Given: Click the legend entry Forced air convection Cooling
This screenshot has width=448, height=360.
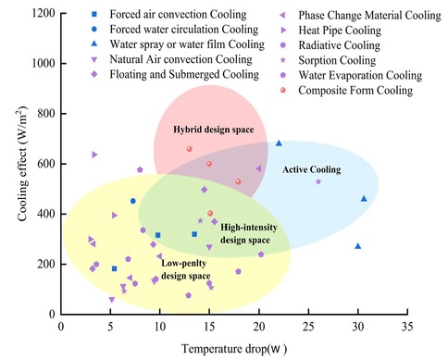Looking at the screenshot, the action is [x=178, y=14].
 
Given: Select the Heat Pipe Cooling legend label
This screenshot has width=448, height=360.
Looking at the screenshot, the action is [x=340, y=31].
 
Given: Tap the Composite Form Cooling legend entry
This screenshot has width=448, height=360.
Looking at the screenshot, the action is [x=355, y=91].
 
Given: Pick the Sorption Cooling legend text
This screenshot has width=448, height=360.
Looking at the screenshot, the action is [x=337, y=60].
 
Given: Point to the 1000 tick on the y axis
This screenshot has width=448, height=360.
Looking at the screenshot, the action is [x=44, y=63].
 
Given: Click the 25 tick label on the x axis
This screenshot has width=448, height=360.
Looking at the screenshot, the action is [x=308, y=327].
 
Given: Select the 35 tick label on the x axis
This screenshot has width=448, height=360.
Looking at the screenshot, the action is [x=407, y=327].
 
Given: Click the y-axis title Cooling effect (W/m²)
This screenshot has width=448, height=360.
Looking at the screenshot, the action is [x=22, y=164].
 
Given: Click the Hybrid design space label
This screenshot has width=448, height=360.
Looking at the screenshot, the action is [x=214, y=130].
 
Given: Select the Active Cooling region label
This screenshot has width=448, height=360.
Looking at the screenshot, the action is [x=312, y=169].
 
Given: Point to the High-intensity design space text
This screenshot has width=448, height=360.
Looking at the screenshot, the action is [x=249, y=233].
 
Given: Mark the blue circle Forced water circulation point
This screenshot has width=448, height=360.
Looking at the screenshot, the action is [x=133, y=201].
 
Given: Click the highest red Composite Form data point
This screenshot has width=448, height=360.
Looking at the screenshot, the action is [x=190, y=149].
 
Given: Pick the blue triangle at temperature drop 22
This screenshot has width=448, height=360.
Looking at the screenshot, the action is [x=279, y=143].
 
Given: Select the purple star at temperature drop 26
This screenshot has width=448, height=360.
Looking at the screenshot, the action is [x=318, y=181].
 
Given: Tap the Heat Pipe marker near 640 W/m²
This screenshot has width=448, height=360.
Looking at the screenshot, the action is [x=94, y=155].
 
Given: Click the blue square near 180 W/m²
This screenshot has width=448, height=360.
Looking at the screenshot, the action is [x=114, y=268].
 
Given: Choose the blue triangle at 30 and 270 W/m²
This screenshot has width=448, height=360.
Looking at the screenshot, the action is [x=358, y=246].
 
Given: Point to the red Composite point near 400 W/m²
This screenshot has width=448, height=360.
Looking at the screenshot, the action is [x=210, y=213].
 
